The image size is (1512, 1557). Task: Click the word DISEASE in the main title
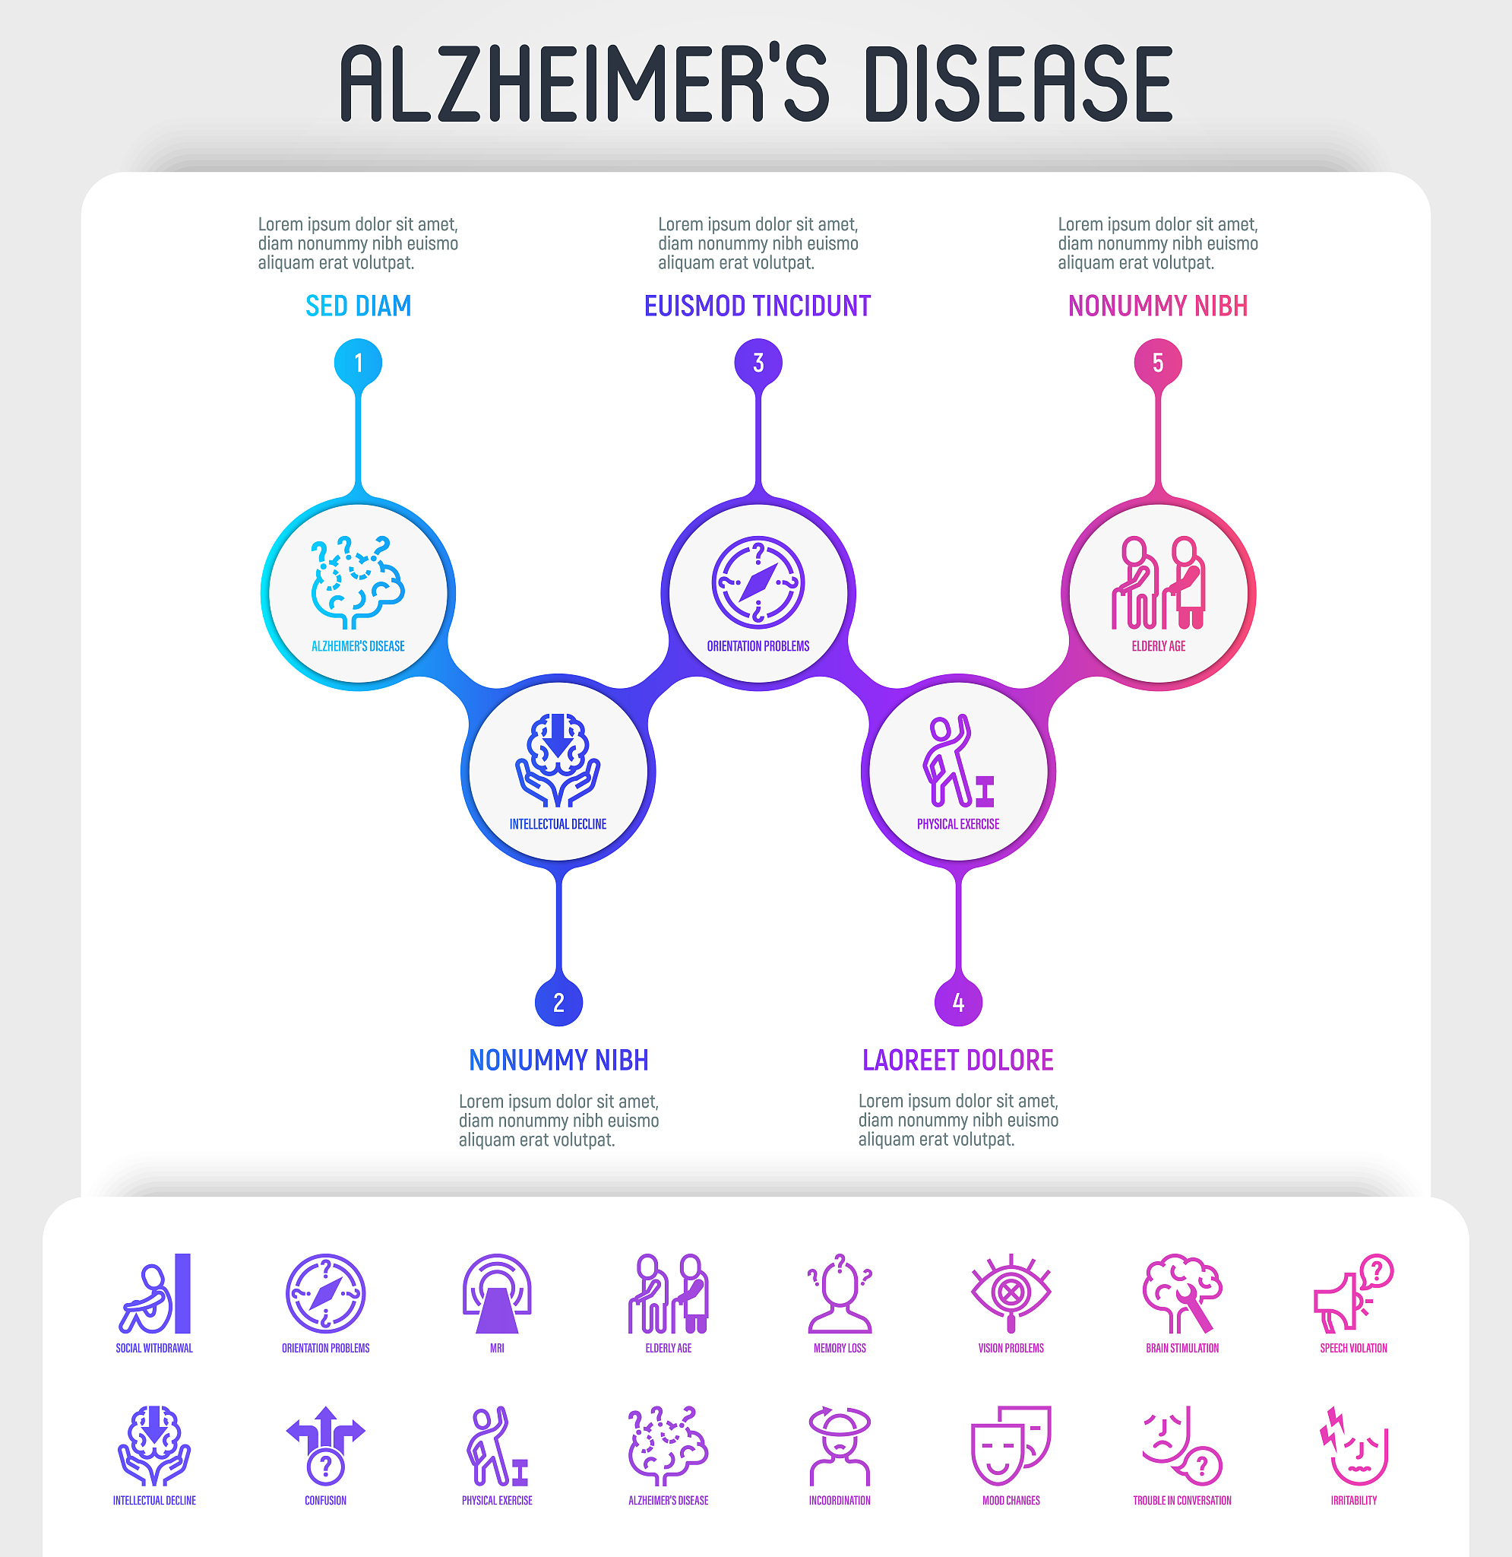(x=1019, y=84)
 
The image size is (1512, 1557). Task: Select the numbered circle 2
(x=559, y=1003)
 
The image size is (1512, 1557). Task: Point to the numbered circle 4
(x=959, y=1003)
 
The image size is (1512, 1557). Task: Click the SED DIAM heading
(x=358, y=306)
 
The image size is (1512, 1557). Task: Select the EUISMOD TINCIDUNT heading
(x=758, y=306)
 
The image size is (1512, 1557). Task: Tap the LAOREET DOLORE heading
(x=957, y=1060)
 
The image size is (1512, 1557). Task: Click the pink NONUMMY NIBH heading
(x=1158, y=306)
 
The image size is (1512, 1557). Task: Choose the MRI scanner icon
(x=497, y=1294)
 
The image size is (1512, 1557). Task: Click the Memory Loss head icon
(x=840, y=1294)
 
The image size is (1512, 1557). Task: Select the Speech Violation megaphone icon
(x=1354, y=1294)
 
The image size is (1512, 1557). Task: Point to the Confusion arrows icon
(x=326, y=1446)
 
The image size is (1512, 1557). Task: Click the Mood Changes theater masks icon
(x=1011, y=1446)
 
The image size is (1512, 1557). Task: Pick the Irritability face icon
(x=1354, y=1446)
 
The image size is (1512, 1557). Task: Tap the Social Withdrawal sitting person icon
(x=155, y=1294)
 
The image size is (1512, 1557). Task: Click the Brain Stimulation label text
(x=1182, y=1348)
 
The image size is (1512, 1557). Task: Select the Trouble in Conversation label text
(x=1182, y=1501)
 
